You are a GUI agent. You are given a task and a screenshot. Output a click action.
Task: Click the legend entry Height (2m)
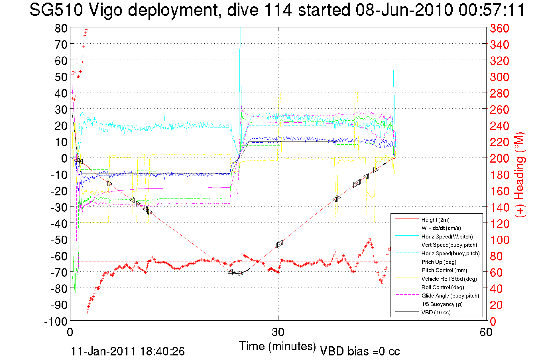(435, 220)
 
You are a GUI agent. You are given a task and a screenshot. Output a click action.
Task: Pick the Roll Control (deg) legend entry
(442, 287)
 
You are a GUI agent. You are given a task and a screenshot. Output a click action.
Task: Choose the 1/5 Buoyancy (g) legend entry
(442, 304)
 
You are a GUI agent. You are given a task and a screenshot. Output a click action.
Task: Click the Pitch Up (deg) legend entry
(439, 262)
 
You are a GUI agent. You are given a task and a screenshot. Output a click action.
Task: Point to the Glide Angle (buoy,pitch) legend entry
(450, 296)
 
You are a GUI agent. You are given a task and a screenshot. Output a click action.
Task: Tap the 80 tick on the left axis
(61, 28)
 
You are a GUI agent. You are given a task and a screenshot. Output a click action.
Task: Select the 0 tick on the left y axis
(64, 158)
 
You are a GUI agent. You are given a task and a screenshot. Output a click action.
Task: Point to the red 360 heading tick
(499, 28)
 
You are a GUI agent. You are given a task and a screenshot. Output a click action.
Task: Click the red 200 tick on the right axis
(499, 158)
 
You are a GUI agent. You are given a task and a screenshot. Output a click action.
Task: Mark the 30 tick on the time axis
(278, 332)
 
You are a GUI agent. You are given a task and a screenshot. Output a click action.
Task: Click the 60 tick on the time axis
(486, 332)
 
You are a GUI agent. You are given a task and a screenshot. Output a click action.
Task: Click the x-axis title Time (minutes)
(277, 346)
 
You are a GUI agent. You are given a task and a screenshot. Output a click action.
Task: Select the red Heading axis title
(520, 175)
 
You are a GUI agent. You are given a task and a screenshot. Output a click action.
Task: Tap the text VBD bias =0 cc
(360, 351)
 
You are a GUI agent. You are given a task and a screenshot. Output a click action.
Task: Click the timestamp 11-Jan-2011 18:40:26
(128, 351)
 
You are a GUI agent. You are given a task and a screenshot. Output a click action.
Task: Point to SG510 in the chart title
(56, 10)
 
